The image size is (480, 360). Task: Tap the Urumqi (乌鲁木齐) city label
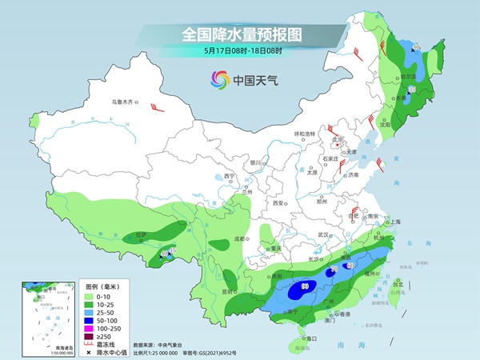pyautogui.click(x=124, y=102)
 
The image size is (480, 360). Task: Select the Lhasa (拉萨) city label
pyautogui.click(x=142, y=234)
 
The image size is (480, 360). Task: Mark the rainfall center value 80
pyautogui.click(x=306, y=286)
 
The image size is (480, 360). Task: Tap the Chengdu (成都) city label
pyautogui.click(x=237, y=238)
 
